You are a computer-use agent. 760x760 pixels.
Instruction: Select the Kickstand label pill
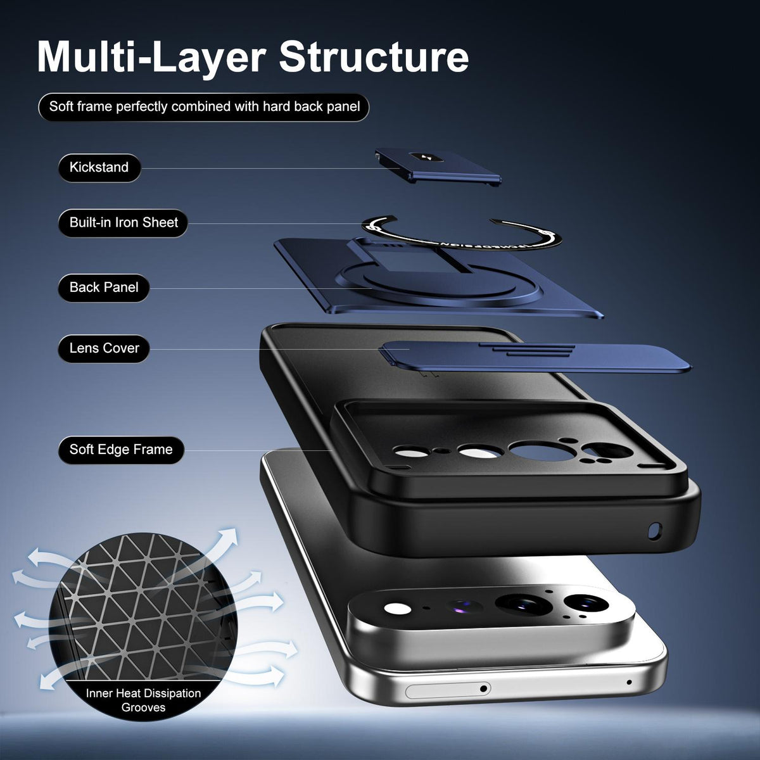coord(99,168)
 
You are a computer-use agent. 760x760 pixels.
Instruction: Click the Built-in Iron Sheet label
coord(123,223)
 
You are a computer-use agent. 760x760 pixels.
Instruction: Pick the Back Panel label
coord(104,288)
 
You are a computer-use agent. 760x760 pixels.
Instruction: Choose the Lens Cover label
coord(104,348)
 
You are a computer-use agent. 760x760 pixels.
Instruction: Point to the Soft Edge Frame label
coord(121,450)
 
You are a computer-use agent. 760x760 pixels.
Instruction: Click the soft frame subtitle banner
coord(204,107)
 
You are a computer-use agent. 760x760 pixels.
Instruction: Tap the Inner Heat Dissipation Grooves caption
coord(143,700)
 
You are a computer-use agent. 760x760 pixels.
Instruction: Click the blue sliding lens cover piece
coord(535,357)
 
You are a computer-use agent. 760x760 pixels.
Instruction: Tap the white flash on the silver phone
coord(397,609)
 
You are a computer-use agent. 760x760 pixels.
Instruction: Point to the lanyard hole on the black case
coord(655,531)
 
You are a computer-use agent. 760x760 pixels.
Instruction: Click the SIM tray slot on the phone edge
coord(448,689)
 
